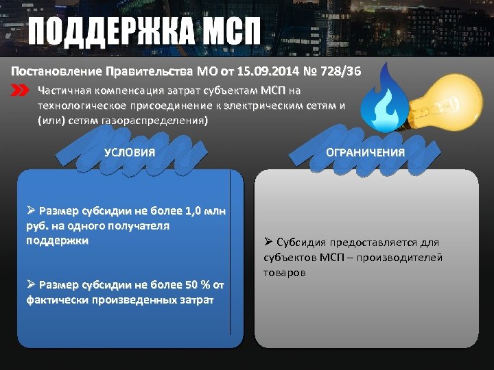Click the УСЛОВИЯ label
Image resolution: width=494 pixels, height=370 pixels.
click(129, 152)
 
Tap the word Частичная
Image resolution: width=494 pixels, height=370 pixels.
click(66, 90)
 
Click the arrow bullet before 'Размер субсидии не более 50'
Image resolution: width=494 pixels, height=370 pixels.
click(31, 285)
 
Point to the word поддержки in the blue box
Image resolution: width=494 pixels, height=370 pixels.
click(57, 241)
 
